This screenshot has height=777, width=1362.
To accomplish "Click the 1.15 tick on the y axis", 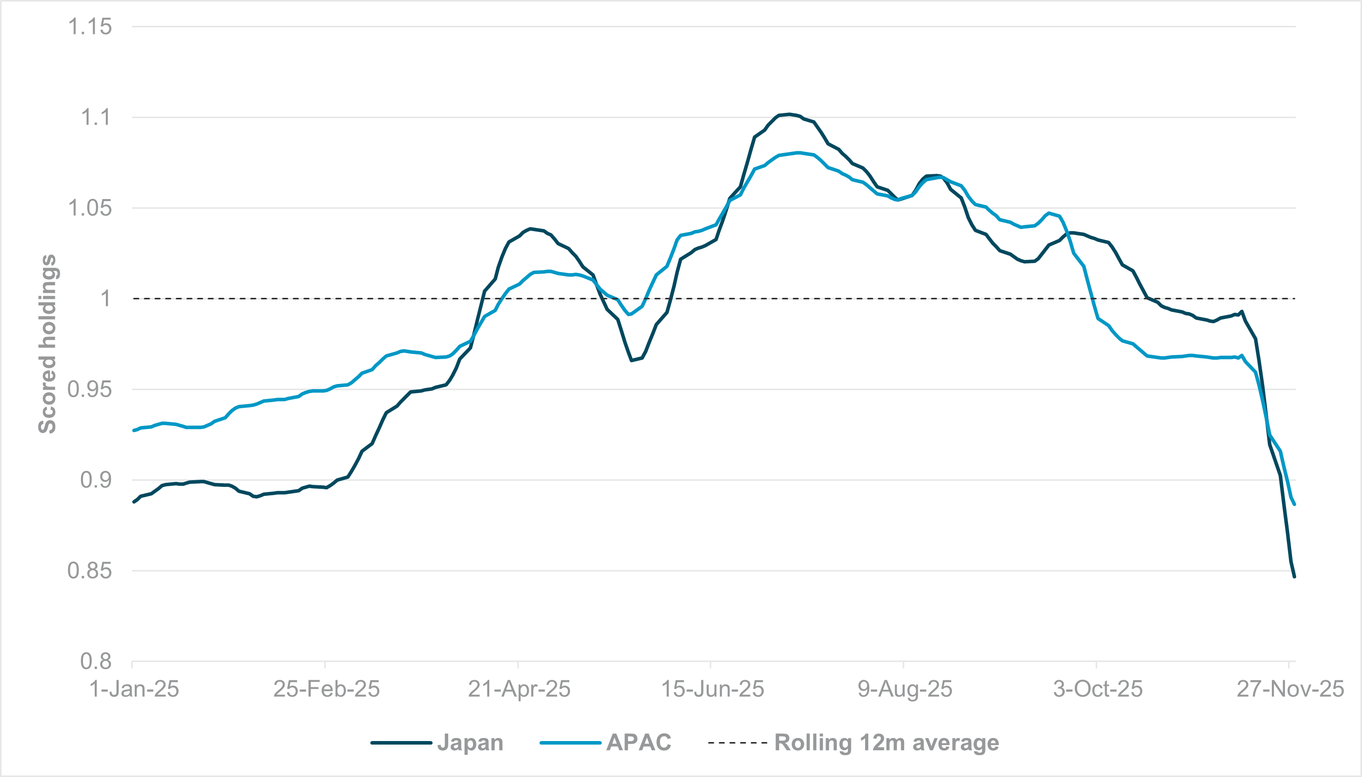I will tap(90, 27).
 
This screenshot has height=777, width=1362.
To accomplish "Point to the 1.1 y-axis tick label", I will tap(96, 118).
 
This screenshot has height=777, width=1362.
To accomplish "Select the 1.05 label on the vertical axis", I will tap(90, 208).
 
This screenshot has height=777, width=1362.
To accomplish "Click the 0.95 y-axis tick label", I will tap(90, 390).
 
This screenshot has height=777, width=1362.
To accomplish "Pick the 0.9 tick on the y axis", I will tap(96, 480).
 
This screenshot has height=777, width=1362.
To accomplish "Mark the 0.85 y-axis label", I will tap(90, 571).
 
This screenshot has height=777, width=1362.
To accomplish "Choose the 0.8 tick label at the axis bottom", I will tap(96, 662).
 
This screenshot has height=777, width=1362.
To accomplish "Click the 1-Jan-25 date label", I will tap(134, 689).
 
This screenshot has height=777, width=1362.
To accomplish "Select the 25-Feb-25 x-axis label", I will tap(327, 689).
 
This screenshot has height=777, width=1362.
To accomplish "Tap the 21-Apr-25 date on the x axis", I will tap(519, 689).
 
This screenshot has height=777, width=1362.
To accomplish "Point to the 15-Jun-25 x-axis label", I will tap(713, 689).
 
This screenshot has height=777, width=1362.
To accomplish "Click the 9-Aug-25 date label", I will tap(905, 689).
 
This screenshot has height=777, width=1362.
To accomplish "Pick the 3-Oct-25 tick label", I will tap(1098, 689).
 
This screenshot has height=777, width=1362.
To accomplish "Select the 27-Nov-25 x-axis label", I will tap(1290, 689).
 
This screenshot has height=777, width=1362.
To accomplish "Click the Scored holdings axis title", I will tap(48, 344).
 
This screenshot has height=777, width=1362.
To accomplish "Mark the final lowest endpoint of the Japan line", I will tap(1294, 576).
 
